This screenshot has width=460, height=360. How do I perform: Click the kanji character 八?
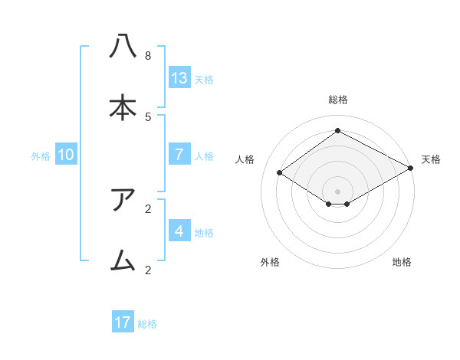(x=123, y=47)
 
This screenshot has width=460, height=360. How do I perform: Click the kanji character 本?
(x=123, y=108)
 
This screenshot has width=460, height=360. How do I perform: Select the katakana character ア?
(x=123, y=200)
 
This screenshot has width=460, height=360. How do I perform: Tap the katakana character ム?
(x=123, y=261)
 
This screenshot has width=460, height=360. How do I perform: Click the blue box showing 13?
(x=179, y=78)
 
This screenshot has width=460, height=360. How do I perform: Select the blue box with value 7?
(x=179, y=155)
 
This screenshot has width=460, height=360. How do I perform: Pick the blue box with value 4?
(x=179, y=231)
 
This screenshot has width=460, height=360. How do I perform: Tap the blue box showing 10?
(x=66, y=155)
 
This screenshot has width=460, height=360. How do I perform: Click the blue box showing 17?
(x=123, y=322)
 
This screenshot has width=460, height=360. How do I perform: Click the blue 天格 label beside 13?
(x=204, y=79)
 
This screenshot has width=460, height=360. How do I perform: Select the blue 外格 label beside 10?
(x=41, y=155)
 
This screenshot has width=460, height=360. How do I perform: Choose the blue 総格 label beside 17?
(x=147, y=323)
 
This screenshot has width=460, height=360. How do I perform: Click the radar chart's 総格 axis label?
(x=338, y=100)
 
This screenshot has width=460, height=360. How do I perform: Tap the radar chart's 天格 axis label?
(x=432, y=159)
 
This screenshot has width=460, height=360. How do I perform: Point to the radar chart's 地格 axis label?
(x=402, y=262)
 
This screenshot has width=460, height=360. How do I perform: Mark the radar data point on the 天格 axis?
(x=411, y=168)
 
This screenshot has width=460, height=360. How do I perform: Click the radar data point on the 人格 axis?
(x=280, y=173)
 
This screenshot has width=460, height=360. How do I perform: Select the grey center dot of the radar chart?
(x=338, y=191)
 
